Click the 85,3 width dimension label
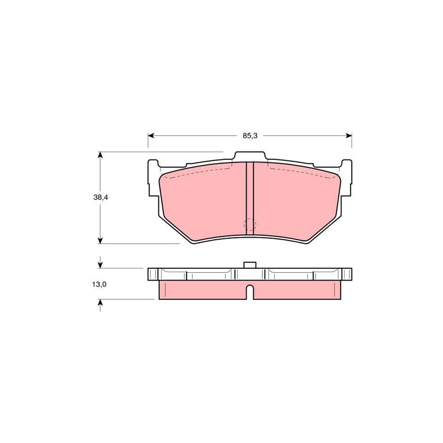[250, 135]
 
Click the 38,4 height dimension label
[100, 197]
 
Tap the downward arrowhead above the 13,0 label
[100, 265]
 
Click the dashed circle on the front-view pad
[251, 225]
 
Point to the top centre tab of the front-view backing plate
[250, 156]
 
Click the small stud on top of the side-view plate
[250, 265]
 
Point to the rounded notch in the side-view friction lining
[250, 292]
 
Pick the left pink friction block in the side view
[202, 290]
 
